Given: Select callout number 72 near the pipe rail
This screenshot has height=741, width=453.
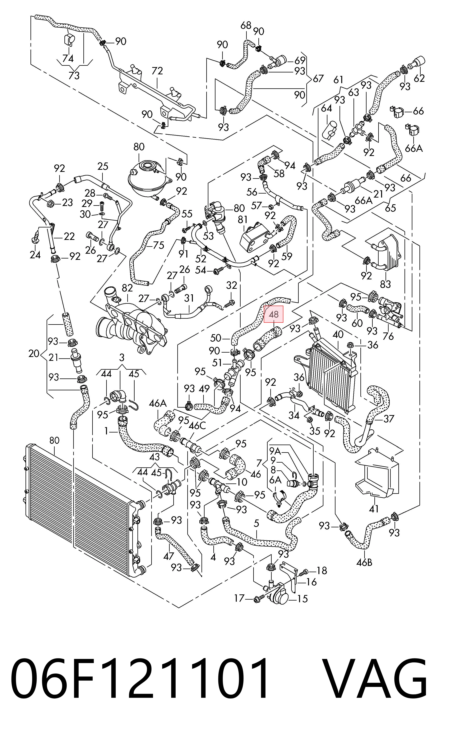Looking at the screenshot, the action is click(157, 71).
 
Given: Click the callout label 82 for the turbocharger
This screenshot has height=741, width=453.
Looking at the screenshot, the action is click(127, 288).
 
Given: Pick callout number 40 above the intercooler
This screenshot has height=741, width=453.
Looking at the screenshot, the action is click(338, 334).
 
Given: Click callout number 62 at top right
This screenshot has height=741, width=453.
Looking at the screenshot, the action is click(419, 78).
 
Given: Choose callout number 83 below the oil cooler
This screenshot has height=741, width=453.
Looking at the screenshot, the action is click(385, 284).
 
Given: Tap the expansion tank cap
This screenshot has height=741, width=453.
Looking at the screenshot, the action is click(148, 165).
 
